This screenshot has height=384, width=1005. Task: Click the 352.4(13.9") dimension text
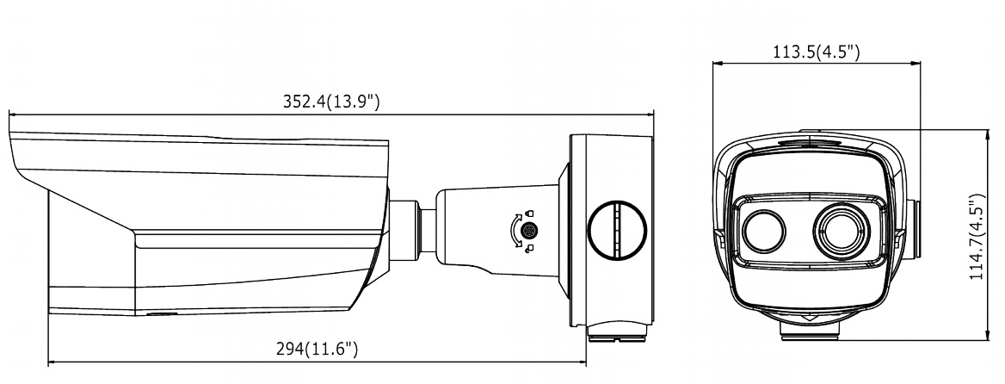point(331,102)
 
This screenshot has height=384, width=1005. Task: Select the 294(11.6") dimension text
point(317,350)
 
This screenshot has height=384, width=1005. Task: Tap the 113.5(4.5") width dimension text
point(816,52)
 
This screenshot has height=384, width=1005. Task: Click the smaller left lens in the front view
point(764,231)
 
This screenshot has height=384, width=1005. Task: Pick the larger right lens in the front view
point(842,231)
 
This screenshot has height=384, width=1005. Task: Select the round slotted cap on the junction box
point(617,230)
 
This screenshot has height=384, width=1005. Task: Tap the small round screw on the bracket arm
point(529,230)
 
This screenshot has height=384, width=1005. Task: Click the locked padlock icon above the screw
point(529,214)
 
